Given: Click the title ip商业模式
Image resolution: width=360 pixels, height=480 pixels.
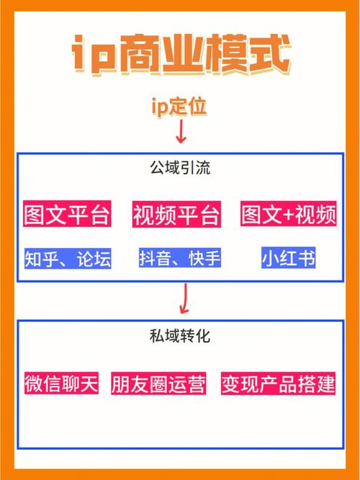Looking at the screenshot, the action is coord(181,55).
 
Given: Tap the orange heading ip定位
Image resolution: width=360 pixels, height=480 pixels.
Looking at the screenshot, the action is coord(179,107).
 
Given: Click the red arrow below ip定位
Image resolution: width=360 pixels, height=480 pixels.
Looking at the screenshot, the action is coord(181,131).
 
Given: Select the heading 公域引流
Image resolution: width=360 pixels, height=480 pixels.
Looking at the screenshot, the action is coord(180,168).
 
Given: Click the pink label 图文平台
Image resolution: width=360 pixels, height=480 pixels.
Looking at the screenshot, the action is coord(67,214).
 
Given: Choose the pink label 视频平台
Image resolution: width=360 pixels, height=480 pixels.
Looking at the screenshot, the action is coord(176,214).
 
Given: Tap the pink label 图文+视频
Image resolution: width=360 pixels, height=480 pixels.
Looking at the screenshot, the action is coord(289,214).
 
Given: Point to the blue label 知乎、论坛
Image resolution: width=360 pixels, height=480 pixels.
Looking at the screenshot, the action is coord(68,259).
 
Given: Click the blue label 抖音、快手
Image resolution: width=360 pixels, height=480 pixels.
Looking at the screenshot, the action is coord(180,258).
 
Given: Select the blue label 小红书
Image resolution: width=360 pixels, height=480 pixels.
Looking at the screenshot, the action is coord(289,258).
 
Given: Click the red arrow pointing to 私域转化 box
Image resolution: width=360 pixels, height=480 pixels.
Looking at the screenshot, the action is coord(184,298).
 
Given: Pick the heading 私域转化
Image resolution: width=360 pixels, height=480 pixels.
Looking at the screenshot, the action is coord(180,336).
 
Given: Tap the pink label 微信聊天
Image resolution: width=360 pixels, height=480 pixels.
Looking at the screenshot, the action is coord(61,383).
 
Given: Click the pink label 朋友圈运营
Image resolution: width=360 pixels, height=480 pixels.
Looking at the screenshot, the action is coord(158,383).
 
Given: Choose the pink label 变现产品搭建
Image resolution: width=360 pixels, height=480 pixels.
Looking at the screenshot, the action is coord(279,383).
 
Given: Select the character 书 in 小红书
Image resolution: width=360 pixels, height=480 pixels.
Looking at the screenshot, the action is coord(305,258).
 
